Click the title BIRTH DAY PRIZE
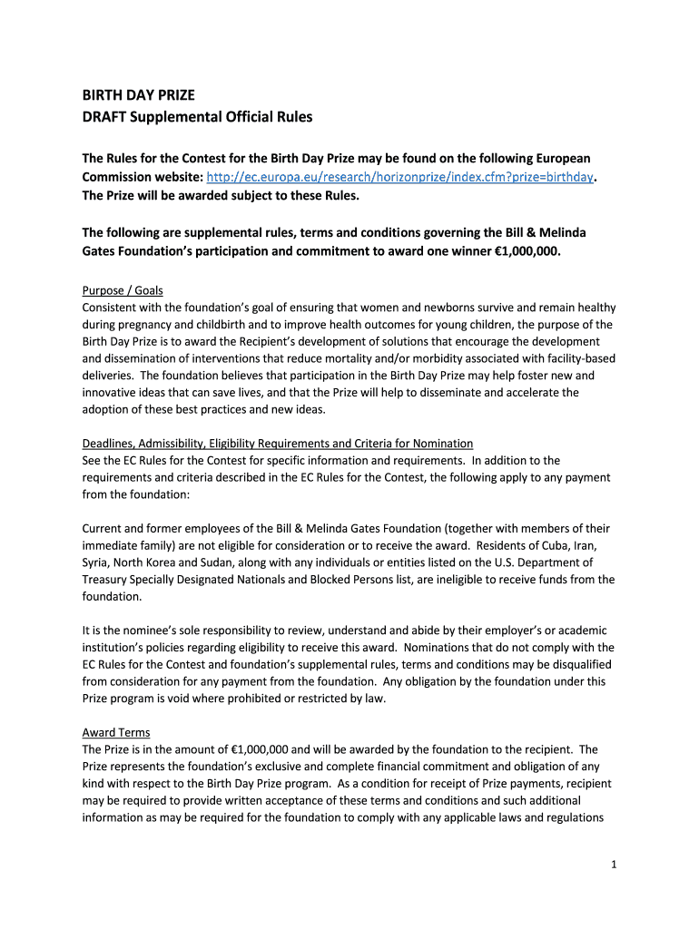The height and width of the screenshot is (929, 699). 138,95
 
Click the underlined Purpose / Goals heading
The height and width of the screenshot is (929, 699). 123,290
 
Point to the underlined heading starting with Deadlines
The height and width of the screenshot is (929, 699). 277,444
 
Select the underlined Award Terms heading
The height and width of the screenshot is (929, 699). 116,732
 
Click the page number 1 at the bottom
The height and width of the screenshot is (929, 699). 614,865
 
